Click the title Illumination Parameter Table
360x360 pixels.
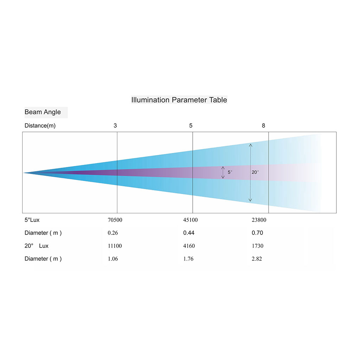[x=179, y=100]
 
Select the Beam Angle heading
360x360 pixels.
[x=43, y=112]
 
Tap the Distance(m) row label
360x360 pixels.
[x=40, y=126]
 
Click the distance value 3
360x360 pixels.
[x=115, y=126]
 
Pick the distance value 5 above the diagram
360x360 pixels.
[x=191, y=126]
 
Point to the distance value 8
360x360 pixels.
[x=264, y=126]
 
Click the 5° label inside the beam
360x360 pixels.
[x=230, y=172]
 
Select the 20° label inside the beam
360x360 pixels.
[x=255, y=172]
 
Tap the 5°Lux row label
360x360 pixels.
[x=32, y=220]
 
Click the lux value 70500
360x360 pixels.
[x=115, y=220]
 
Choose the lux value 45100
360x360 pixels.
[x=190, y=220]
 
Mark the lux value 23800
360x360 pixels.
[x=259, y=220]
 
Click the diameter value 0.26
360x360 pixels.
[x=113, y=233]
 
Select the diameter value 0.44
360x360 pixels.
[x=189, y=233]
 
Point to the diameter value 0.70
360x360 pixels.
[x=257, y=233]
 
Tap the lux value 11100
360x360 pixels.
[x=115, y=246]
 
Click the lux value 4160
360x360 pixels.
[x=189, y=246]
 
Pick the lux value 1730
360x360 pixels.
[x=257, y=246]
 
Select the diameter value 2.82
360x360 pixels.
[x=257, y=259]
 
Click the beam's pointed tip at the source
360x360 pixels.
[x=24, y=173]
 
